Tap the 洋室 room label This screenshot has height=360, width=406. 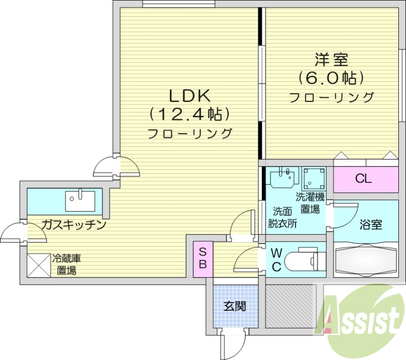tap(331, 59)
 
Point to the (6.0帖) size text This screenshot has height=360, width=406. tap(331, 78)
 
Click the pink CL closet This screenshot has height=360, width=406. tap(363, 179)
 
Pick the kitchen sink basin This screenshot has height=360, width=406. tap(80, 201)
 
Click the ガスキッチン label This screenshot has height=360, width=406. tap(74, 224)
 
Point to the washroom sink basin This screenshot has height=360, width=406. tap(282, 179)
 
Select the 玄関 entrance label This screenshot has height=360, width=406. tap(235, 306)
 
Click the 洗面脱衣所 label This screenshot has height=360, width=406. tap(283, 217)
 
